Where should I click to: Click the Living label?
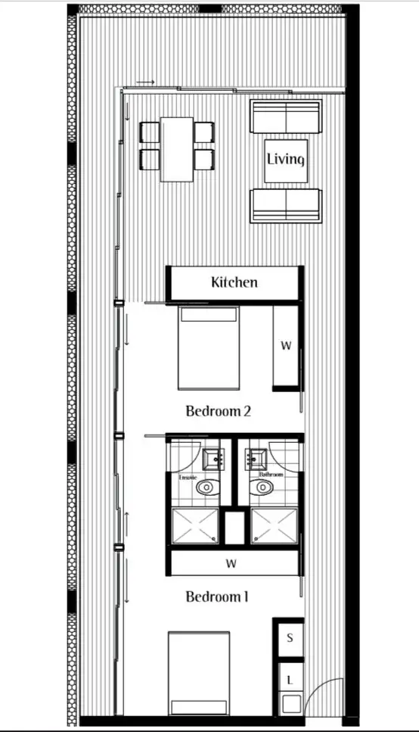click(x=285, y=160)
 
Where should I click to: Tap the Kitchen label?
click(x=234, y=282)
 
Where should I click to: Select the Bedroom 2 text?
click(x=218, y=412)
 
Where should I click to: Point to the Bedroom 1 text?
click(x=217, y=597)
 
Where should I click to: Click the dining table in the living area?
click(x=177, y=149)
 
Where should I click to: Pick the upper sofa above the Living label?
click(x=285, y=117)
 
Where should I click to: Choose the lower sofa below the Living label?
click(x=285, y=204)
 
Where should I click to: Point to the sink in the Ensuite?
click(x=213, y=458)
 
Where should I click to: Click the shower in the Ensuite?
click(x=195, y=526)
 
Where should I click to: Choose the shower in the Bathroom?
click(x=274, y=526)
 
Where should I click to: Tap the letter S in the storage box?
click(x=289, y=638)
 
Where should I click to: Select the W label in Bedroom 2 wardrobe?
click(x=287, y=346)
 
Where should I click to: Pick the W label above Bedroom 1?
click(x=231, y=564)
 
